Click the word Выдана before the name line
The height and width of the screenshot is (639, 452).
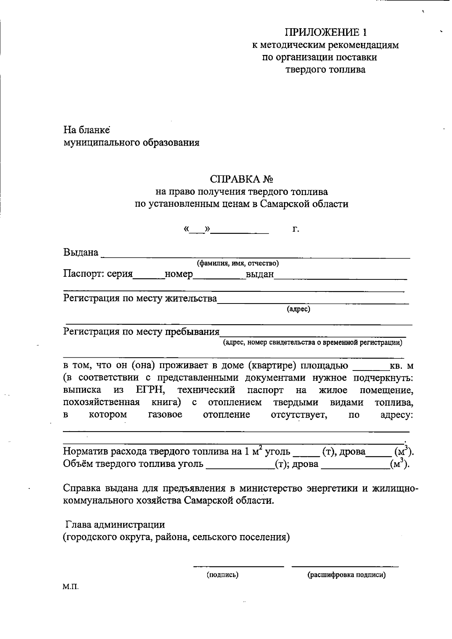[x=81, y=252]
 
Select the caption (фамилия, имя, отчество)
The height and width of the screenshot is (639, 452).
[x=238, y=263]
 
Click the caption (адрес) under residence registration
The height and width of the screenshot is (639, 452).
[x=298, y=309]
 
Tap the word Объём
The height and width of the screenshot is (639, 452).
[x=78, y=464]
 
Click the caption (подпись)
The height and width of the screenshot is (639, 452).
[x=222, y=575]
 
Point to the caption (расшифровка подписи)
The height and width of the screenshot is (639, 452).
[x=346, y=575]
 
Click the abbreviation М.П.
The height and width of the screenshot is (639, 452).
[x=71, y=587]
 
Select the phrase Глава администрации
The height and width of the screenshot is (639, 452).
[x=115, y=524]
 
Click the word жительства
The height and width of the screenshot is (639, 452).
[x=191, y=299]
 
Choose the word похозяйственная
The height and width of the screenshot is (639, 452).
[x=101, y=403]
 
